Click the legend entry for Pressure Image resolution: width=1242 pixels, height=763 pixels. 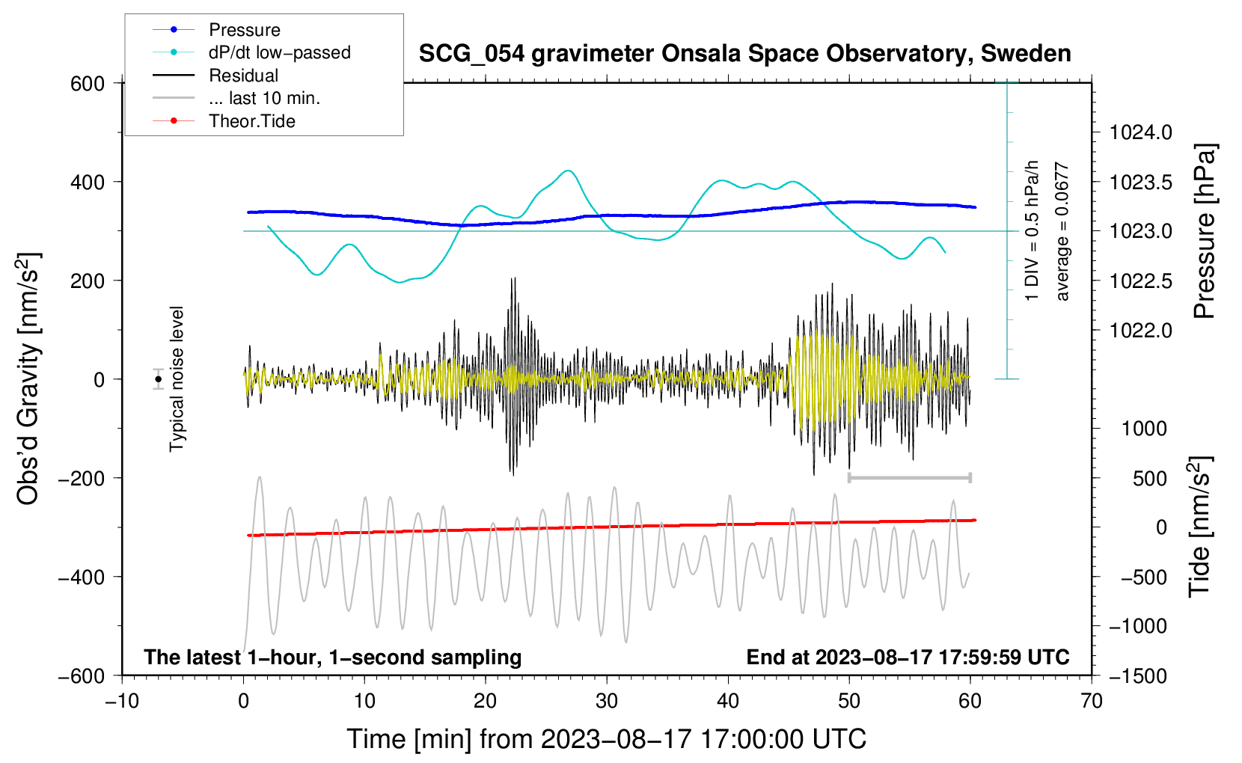[x=244, y=30]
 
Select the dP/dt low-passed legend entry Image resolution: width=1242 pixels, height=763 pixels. [x=279, y=52]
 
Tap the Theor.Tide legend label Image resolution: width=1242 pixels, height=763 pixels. [x=251, y=121]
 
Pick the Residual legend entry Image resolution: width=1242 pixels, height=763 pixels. [x=243, y=76]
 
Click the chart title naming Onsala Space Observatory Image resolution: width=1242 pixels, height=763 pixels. [x=744, y=54]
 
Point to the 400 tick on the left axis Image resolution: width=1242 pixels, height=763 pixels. [x=88, y=182]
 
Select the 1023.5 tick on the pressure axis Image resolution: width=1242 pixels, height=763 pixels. [x=1141, y=182]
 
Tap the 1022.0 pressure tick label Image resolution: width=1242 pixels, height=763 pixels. [x=1141, y=330]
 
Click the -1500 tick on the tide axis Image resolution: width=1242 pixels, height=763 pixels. [x=1138, y=675]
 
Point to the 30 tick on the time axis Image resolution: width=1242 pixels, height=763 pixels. [x=607, y=702]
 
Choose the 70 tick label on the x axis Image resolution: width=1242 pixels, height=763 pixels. [x=1092, y=702]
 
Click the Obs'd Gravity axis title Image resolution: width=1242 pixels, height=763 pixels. [x=28, y=379]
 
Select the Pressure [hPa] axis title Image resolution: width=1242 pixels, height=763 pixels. [x=1204, y=231]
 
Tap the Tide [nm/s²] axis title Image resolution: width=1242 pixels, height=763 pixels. [x=1199, y=527]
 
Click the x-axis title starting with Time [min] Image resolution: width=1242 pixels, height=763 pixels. [x=606, y=739]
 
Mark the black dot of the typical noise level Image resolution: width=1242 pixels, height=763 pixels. [x=159, y=379]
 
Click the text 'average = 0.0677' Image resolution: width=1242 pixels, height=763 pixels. [x=1062, y=231]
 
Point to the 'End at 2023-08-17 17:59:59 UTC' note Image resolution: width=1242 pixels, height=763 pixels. [x=908, y=658]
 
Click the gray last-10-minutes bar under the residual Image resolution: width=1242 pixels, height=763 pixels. [x=909, y=477]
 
